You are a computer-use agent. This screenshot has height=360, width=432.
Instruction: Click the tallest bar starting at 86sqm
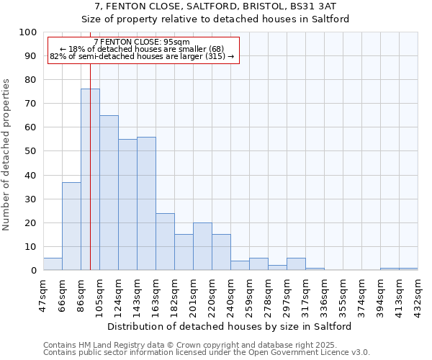point(90,179)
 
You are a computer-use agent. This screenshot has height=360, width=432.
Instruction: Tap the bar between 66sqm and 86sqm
point(71,226)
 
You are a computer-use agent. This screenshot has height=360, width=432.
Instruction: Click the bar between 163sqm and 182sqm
point(165,241)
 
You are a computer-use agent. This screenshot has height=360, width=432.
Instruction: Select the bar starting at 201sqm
point(202,246)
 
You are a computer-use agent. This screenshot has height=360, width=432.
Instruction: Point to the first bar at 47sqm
point(53,264)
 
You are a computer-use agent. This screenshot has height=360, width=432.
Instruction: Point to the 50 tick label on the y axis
point(30,151)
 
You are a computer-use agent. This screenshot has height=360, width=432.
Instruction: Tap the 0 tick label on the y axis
point(33,270)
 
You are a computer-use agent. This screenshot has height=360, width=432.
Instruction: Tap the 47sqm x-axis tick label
point(43,293)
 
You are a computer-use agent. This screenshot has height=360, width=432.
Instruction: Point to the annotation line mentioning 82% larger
point(142,56)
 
